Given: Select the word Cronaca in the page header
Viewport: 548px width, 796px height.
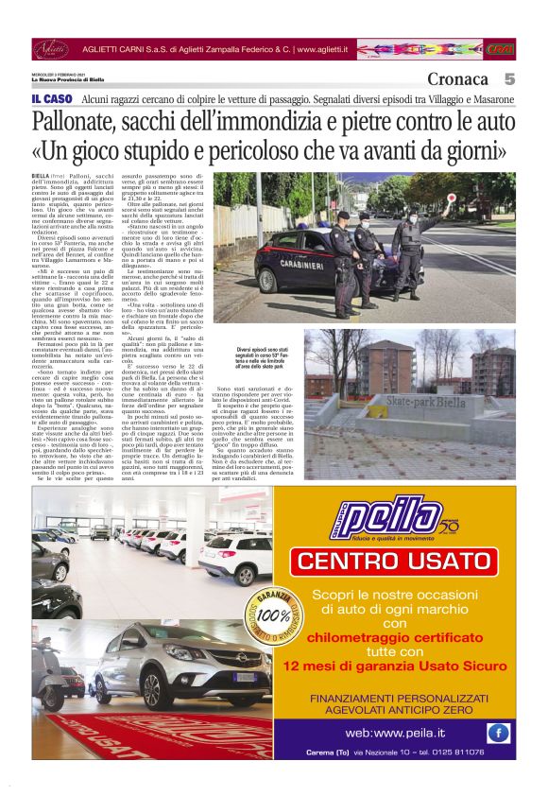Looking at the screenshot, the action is pyautogui.click(x=457, y=79).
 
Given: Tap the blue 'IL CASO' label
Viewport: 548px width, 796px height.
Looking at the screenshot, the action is pyautogui.click(x=51, y=99).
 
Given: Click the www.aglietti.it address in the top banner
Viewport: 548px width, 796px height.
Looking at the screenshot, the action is pyautogui.click(x=322, y=48).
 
